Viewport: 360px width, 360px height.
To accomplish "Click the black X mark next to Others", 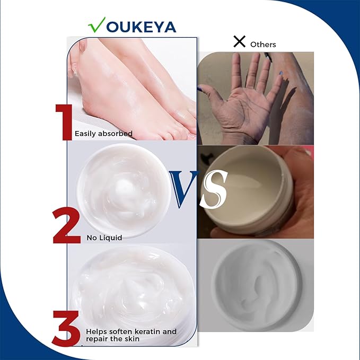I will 239,42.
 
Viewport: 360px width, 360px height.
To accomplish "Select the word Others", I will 263,44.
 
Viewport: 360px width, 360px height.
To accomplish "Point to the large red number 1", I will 64,122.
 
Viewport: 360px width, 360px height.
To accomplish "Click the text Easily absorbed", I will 103,134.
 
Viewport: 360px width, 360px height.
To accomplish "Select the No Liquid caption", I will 104,238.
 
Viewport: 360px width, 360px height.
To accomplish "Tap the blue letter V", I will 185,190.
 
